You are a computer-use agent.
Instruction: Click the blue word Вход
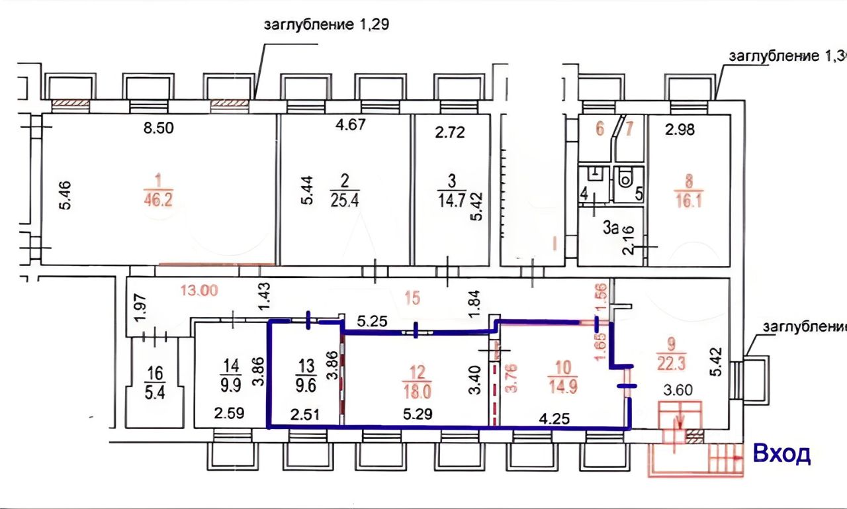(x=781, y=454)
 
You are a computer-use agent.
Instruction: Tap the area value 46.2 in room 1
(x=157, y=200)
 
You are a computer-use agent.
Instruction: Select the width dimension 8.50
(x=159, y=128)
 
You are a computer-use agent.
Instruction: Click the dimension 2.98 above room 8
(x=680, y=130)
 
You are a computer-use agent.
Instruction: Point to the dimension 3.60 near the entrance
(x=678, y=390)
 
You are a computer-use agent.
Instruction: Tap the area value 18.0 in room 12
(x=420, y=391)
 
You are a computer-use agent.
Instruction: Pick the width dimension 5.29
(x=418, y=415)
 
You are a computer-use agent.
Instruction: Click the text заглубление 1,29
(x=326, y=26)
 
